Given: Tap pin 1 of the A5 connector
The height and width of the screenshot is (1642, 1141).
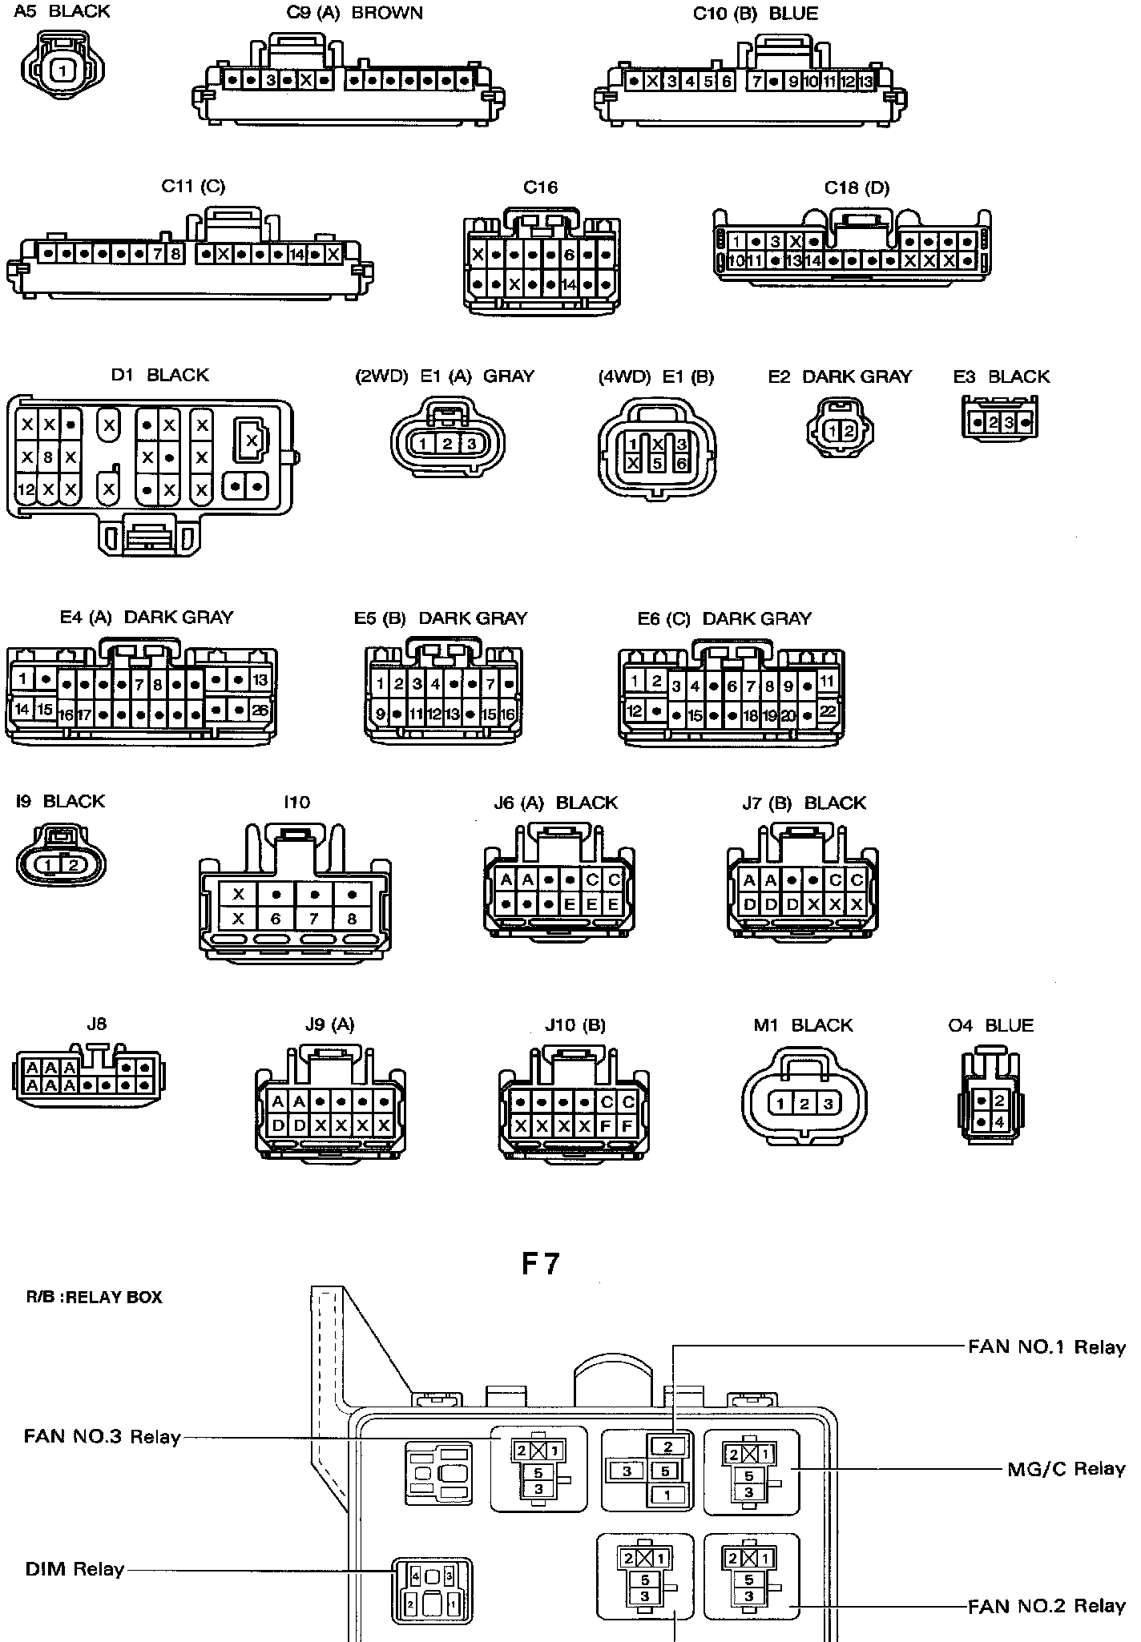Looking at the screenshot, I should pyautogui.click(x=62, y=71).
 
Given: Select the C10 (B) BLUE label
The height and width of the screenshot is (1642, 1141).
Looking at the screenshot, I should pyautogui.click(x=756, y=14).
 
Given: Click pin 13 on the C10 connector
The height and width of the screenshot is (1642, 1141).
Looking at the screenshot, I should pyautogui.click(x=865, y=81).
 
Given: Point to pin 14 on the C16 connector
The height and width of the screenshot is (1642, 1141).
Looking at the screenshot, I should pyautogui.click(x=569, y=284).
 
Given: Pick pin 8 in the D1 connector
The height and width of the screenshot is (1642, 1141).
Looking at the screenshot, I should pyautogui.click(x=49, y=457).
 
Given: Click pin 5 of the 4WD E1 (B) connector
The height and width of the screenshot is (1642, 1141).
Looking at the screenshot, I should pyautogui.click(x=657, y=462).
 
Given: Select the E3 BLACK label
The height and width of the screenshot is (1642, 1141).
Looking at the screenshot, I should pyautogui.click(x=1001, y=376).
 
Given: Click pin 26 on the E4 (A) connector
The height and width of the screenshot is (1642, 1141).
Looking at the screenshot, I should pyautogui.click(x=260, y=709).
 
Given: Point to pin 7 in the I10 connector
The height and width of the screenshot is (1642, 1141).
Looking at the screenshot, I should pyautogui.click(x=314, y=919).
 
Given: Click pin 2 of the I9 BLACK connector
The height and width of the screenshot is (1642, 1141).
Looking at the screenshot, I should pyautogui.click(x=73, y=865).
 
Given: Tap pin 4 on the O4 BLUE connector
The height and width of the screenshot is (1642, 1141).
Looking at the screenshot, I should pyautogui.click(x=999, y=1123).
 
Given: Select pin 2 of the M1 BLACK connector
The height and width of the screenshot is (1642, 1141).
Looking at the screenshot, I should pyautogui.click(x=804, y=1104).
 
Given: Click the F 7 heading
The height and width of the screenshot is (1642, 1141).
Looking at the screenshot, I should pyautogui.click(x=540, y=1264).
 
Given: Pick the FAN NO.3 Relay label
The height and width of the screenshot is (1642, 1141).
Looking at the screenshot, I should pyautogui.click(x=102, y=1437).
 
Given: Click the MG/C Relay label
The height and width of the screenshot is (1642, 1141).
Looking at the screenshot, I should pyautogui.click(x=1066, y=1469).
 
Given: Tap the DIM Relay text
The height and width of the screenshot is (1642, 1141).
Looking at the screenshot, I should pyautogui.click(x=75, y=1569).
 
